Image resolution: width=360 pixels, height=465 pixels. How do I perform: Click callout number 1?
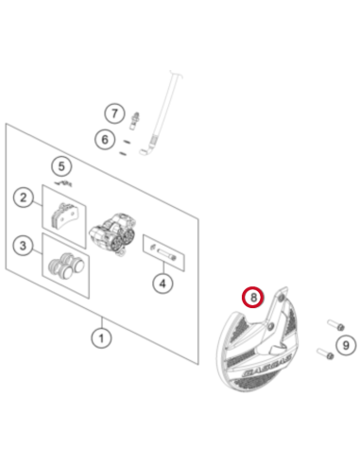pos(101,338)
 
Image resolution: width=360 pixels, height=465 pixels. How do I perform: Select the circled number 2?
pos(23,198)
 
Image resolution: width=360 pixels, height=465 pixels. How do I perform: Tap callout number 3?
pos(23,246)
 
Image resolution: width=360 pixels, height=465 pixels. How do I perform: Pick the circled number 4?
pos(163,284)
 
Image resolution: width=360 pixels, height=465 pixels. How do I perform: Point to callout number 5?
pos(61,166)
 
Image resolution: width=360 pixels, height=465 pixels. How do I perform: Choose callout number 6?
pos(105,139)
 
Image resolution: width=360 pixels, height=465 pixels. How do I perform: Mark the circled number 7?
pos(114,113)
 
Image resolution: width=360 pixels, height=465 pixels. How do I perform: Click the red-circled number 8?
pos(253,297)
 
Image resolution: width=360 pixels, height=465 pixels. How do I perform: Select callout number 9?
pos(346,345)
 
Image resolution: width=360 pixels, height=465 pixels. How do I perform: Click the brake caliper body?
pos(111,232)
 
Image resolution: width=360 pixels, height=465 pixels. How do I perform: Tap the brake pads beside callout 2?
pos(64,215)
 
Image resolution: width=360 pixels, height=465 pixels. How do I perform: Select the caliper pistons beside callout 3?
pos(66,266)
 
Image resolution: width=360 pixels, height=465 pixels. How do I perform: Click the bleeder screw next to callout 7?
pos(134,120)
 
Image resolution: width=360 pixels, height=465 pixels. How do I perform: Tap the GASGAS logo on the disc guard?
pos(267,366)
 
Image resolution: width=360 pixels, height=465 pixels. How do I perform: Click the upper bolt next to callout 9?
pos(335,325)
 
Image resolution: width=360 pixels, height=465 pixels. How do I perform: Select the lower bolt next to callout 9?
pos(325,353)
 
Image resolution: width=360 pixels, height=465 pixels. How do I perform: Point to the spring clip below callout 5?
pos(63,183)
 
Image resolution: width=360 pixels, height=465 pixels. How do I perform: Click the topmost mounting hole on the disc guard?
pos(282,298)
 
